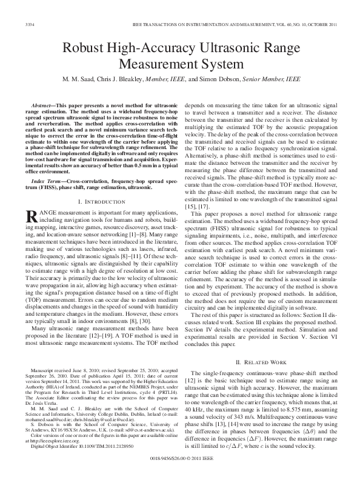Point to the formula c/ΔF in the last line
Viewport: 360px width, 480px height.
233,446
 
